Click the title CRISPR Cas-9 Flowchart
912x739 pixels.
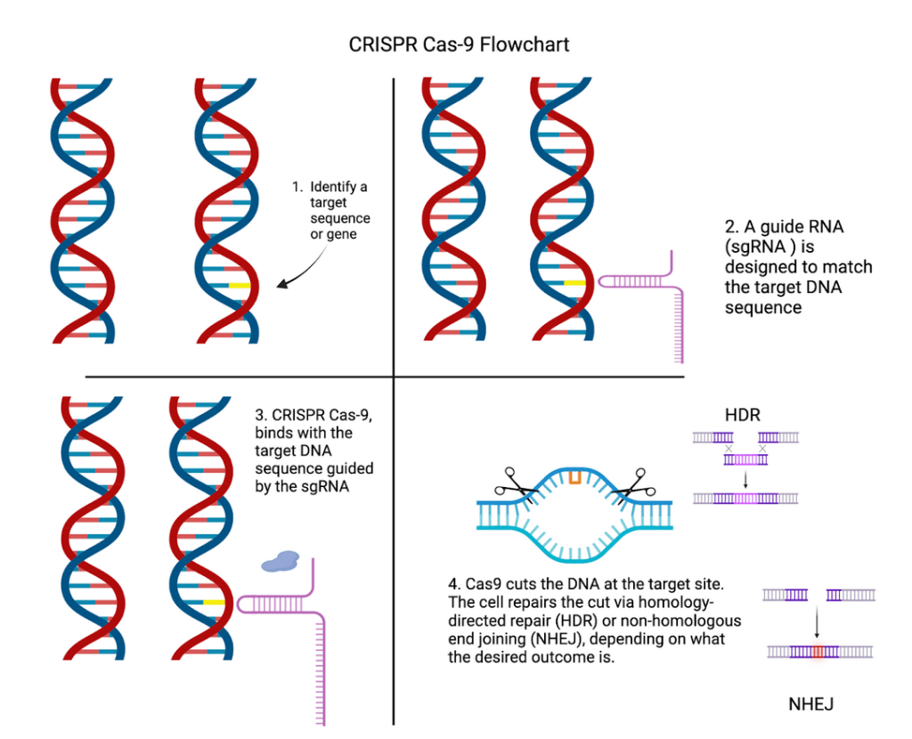point(455,44)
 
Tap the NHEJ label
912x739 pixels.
point(810,704)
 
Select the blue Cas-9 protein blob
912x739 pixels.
point(281,560)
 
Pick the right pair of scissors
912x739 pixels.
point(635,484)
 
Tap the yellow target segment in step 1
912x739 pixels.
point(239,285)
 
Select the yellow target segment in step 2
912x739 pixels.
point(575,282)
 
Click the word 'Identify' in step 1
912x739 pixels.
point(338,187)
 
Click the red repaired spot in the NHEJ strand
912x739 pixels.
point(818,653)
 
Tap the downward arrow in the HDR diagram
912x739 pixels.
point(745,479)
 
